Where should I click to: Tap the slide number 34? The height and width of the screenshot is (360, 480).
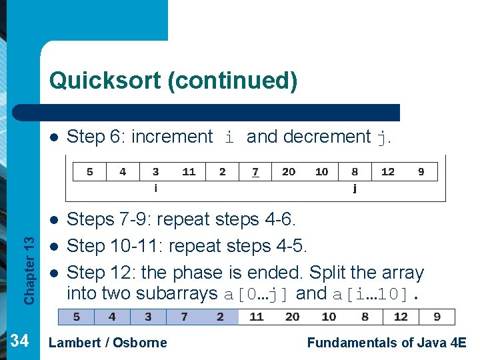pyautogui.click(x=20, y=341)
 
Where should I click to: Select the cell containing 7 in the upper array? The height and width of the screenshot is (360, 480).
pyautogui.click(x=255, y=172)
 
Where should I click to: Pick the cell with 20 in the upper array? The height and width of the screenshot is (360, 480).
pyautogui.click(x=289, y=172)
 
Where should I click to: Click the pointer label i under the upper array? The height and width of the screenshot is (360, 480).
pyautogui.click(x=156, y=188)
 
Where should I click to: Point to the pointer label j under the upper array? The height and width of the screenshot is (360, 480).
pyautogui.click(x=355, y=188)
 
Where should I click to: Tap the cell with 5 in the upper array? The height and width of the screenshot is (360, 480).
pyautogui.click(x=90, y=172)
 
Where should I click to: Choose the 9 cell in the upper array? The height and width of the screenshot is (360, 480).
pyautogui.click(x=421, y=172)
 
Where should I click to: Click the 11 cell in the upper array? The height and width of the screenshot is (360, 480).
pyautogui.click(x=189, y=172)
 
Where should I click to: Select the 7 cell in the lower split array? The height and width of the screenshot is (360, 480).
pyautogui.click(x=184, y=317)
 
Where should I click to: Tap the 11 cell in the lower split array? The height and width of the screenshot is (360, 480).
pyautogui.click(x=257, y=317)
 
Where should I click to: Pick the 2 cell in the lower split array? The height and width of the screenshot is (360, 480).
pyautogui.click(x=220, y=317)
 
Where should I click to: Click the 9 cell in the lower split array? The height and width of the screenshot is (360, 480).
pyautogui.click(x=437, y=317)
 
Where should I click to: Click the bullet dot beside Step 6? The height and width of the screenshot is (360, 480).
pyautogui.click(x=55, y=138)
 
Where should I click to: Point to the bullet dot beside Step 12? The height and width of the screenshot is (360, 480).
pyautogui.click(x=55, y=273)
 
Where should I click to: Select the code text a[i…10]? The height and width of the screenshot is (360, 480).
pyautogui.click(x=373, y=294)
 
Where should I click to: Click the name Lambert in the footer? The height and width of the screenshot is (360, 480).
pyautogui.click(x=73, y=343)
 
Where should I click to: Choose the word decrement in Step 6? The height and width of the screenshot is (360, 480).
pyautogui.click(x=327, y=137)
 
